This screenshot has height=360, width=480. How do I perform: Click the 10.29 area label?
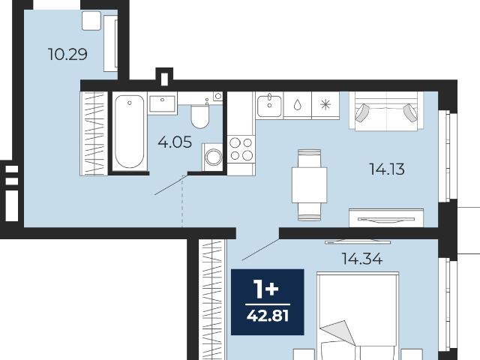67,54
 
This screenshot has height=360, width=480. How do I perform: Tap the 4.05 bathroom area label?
175,142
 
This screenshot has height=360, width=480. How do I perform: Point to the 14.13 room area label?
387,169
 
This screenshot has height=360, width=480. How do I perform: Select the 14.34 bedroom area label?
361,259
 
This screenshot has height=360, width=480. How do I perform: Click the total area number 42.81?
268,316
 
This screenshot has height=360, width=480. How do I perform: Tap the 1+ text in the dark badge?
266,290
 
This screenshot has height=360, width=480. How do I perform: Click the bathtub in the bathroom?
130,131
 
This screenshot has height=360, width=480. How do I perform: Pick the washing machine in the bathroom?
212,157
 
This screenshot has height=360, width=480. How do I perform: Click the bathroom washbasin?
162,103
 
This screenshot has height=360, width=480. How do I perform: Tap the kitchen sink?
269,106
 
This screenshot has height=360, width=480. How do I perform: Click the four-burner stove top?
241,149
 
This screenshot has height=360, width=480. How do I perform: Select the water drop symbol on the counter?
297,105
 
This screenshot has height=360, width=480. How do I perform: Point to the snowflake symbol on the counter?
325,105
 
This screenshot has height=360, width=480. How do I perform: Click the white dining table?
309,185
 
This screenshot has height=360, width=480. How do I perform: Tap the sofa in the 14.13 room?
387,111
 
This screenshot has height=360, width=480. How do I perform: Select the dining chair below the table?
309,211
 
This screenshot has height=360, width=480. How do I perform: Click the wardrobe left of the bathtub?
94,133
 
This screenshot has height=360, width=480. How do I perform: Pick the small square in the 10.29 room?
91,20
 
